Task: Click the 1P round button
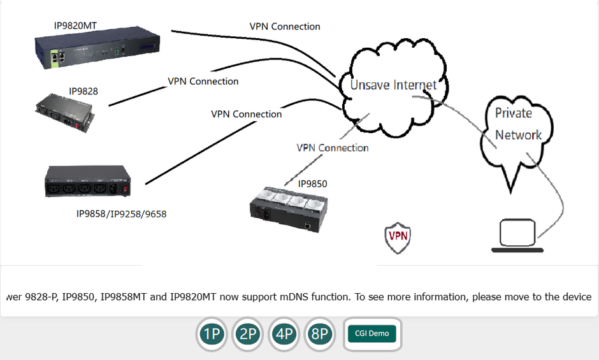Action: pos(212,334)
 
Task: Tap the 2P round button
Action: pos(248,334)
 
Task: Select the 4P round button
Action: pos(284,334)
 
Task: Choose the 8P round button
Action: pos(320,334)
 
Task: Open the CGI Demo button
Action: pos(372,334)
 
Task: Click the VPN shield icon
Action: pos(398,237)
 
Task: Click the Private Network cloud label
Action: pos(518,124)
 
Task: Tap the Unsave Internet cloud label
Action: pos(394,85)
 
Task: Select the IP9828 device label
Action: pos(83,91)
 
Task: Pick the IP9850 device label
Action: pos(312,184)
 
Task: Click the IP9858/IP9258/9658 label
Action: pos(121,214)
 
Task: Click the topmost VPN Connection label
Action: pos(285,27)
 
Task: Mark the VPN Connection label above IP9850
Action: pos(333,148)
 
